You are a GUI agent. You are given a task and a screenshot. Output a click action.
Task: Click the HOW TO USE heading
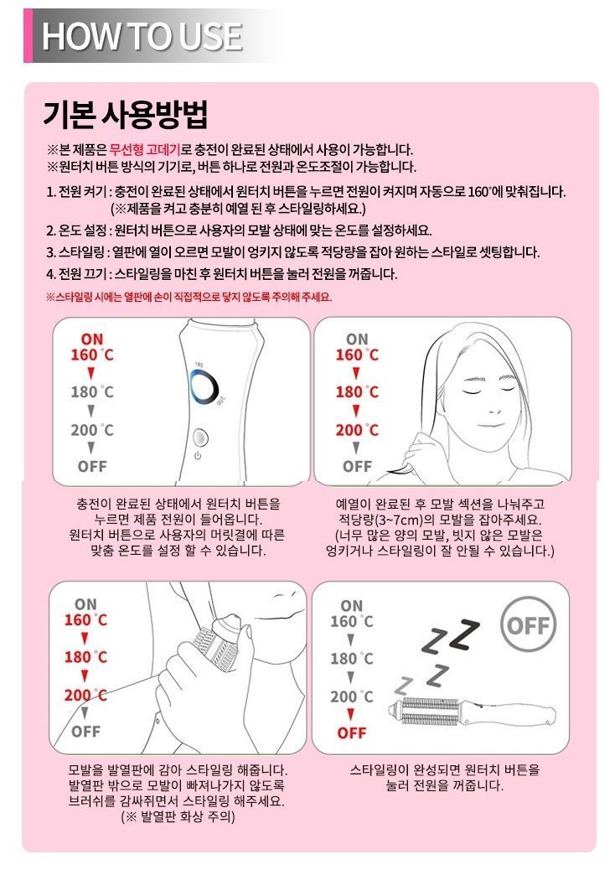(142, 36)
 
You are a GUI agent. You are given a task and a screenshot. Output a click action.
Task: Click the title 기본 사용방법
(125, 114)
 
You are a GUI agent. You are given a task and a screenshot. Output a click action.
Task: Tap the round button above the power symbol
(201, 438)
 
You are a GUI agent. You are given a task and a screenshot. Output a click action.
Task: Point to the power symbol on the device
(198, 456)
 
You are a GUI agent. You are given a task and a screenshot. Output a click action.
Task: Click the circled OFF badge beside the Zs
(527, 625)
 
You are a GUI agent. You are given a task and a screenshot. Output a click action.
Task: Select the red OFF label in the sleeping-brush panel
(352, 733)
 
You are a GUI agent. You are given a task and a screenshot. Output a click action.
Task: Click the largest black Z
(465, 634)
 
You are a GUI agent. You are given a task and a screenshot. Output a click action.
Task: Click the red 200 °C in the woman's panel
(357, 430)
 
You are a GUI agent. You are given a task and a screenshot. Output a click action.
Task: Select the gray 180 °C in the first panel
(92, 391)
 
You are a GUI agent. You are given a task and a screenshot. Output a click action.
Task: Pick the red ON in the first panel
(92, 339)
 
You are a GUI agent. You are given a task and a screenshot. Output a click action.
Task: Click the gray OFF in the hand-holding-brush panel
(86, 731)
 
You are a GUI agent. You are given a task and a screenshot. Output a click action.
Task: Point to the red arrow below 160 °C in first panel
(91, 373)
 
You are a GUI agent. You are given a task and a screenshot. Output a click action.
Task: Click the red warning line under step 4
(189, 297)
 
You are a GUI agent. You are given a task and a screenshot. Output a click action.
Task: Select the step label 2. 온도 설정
(79, 230)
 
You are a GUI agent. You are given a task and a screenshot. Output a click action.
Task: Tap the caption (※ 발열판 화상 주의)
(178, 816)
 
